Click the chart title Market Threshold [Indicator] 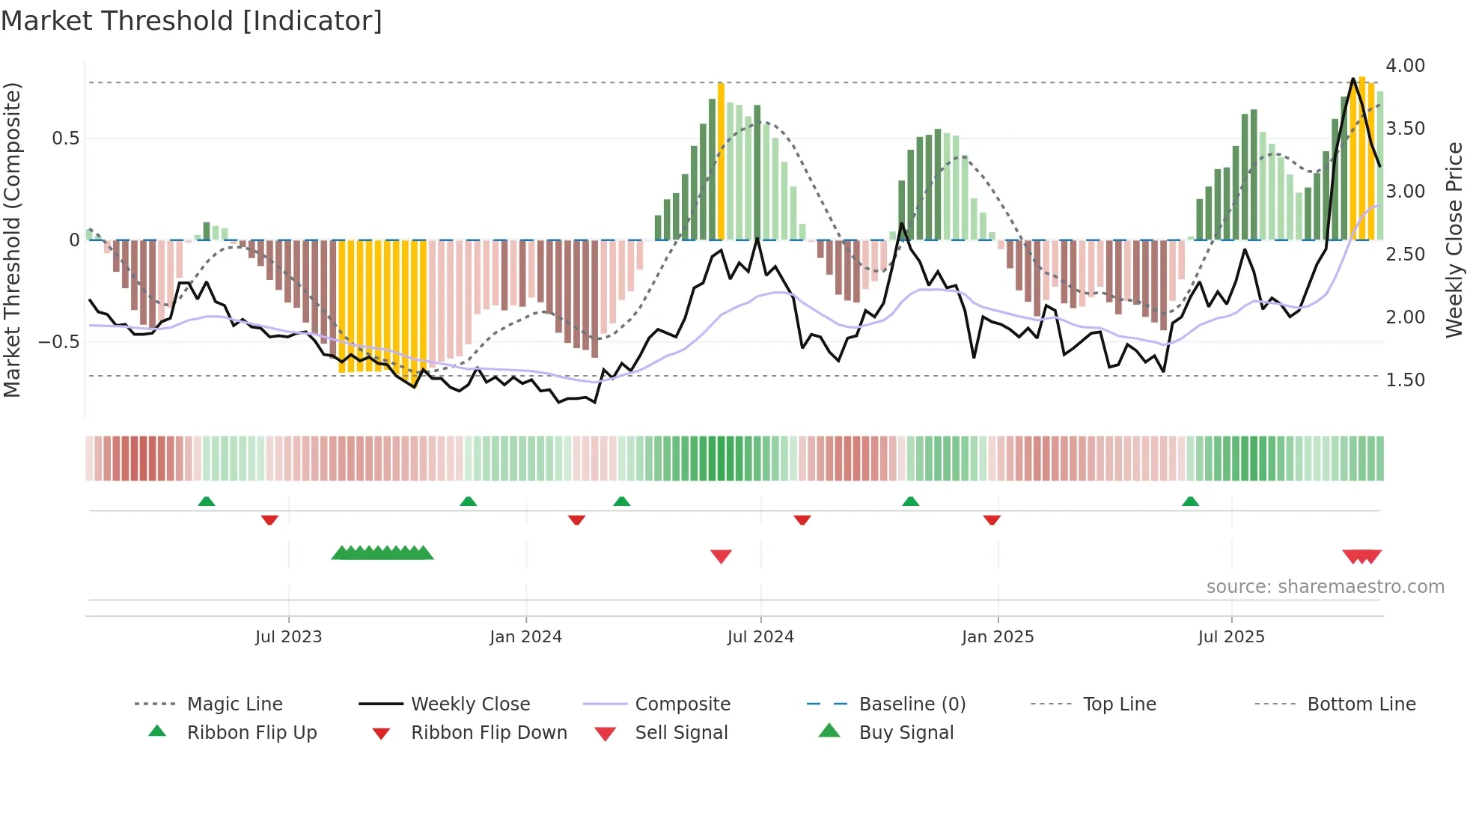coord(192,21)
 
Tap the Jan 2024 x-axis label coord(525,637)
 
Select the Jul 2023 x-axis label coord(288,637)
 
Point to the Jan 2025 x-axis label coord(997,637)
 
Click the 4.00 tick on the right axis coord(1405,66)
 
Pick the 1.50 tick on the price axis coord(1405,380)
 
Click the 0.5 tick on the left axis coord(65,138)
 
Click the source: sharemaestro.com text coord(1325,587)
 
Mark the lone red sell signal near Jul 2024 coord(721,556)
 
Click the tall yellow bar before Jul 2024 coord(721,161)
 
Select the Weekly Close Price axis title coord(1454,240)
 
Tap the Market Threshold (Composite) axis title coord(13,240)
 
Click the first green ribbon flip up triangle coord(207,501)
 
